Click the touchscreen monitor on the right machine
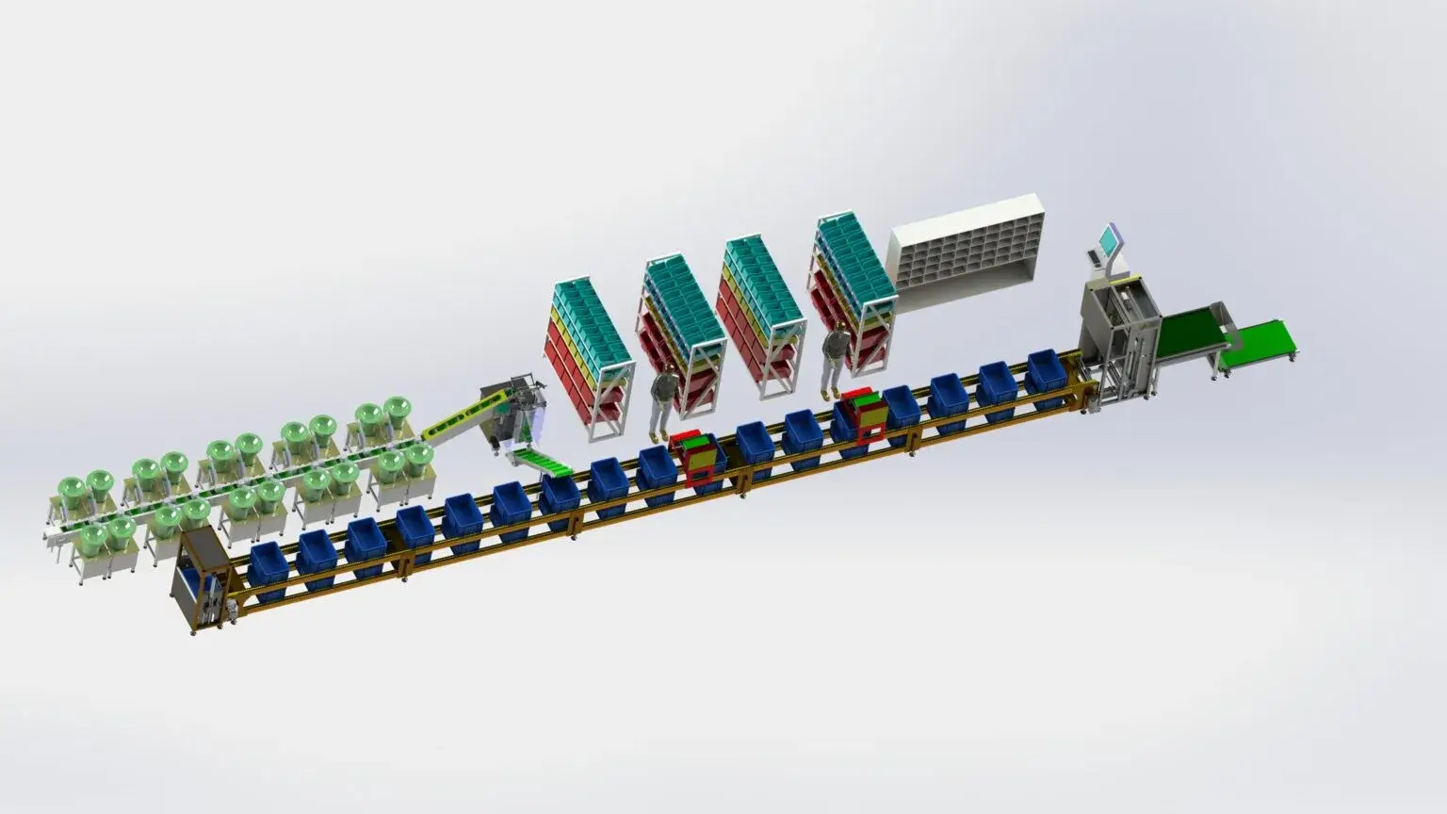pyautogui.click(x=1105, y=242)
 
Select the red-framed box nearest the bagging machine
pyautogui.click(x=692, y=458)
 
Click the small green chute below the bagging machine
pyautogui.click(x=538, y=463)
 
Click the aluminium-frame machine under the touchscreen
pyautogui.click(x=1119, y=344)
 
